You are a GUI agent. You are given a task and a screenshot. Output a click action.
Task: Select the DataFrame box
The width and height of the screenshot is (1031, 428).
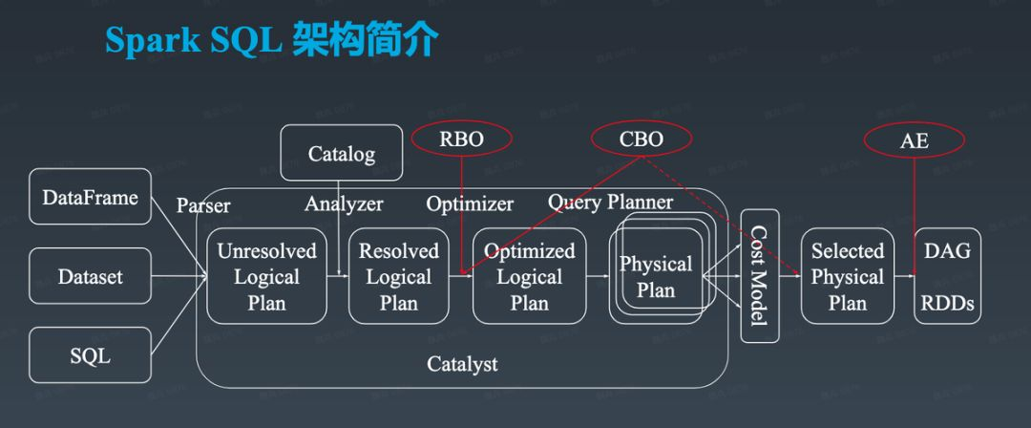91,198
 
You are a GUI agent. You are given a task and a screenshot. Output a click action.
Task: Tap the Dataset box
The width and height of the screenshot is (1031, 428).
91,277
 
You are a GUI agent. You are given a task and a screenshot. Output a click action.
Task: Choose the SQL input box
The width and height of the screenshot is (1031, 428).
91,356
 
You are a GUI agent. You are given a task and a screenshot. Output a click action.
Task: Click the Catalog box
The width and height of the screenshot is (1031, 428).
342,153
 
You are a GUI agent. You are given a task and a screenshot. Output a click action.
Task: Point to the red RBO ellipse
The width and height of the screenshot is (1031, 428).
461,139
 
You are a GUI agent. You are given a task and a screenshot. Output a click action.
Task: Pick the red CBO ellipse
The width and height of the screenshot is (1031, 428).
641,139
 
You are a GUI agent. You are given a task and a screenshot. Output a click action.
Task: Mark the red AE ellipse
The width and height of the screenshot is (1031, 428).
914,141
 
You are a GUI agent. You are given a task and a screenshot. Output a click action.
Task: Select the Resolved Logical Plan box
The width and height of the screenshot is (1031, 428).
398,276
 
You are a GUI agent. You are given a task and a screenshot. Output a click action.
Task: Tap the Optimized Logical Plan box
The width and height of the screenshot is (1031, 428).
529,276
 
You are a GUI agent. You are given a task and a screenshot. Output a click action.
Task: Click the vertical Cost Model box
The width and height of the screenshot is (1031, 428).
760,276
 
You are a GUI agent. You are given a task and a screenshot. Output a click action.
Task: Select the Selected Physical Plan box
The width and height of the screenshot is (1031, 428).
847,276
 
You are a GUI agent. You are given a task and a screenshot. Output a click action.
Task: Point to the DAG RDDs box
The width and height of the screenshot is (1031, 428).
947,276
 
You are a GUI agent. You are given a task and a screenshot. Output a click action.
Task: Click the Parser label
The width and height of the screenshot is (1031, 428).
203,205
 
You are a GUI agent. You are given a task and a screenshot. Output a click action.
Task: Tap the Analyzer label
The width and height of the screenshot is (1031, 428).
344,203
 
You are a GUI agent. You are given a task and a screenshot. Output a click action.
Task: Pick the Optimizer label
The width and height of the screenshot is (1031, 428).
470,203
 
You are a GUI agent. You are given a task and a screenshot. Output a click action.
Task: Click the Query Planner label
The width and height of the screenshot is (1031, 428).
610,202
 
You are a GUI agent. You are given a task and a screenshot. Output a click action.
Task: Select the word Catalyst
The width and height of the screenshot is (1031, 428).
462,364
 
